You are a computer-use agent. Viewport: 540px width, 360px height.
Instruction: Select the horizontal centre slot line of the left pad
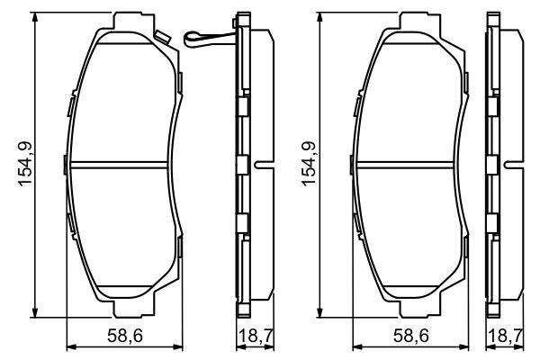(x=120, y=164)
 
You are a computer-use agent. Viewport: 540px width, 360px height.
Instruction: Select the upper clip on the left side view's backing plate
(x=242, y=106)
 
